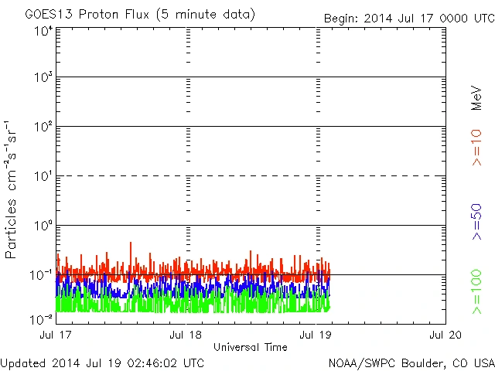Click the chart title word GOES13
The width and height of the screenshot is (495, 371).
45,15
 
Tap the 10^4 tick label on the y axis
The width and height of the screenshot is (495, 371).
43,31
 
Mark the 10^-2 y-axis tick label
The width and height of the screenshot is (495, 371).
42,319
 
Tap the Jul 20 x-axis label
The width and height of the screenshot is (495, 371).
445,335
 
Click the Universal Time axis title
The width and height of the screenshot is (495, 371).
250,347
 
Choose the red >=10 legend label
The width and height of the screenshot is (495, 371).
477,148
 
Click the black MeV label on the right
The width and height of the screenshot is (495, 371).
477,97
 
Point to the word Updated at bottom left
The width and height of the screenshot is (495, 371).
23,362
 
